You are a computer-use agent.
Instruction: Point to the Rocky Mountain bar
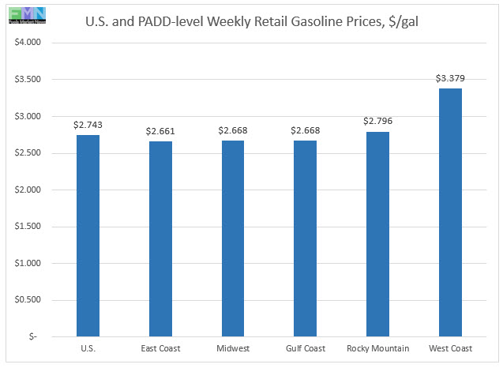click(x=377, y=234)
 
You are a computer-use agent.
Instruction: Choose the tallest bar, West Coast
click(x=449, y=212)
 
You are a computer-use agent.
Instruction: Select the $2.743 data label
click(x=88, y=125)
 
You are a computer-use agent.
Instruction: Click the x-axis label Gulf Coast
click(x=305, y=348)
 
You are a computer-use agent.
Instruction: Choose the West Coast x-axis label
click(x=449, y=348)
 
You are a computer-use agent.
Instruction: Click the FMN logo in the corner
click(x=24, y=13)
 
